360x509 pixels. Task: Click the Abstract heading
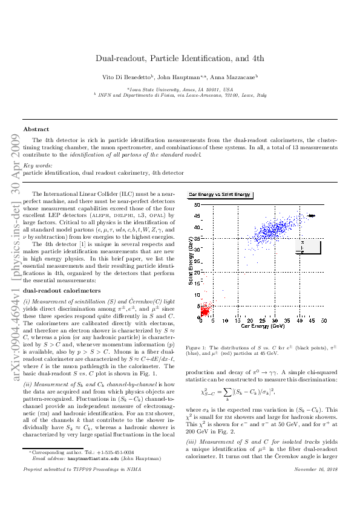36,129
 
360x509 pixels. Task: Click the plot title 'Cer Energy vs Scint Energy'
220,195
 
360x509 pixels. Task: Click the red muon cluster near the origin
205,311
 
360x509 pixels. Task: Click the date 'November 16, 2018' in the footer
318,486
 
